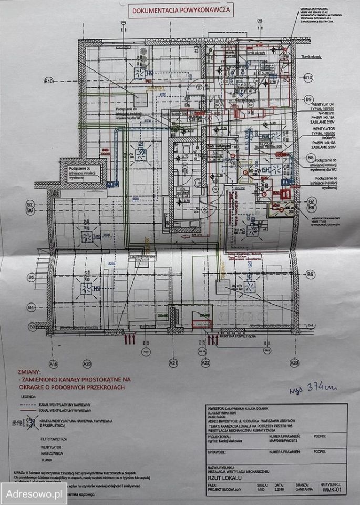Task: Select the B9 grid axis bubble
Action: pos(309,99)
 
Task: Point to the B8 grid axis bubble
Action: pos(311,158)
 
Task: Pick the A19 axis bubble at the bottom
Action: pos(53,363)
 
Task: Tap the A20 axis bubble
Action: pos(87,363)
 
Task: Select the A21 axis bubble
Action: pos(173,363)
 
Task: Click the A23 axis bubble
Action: pos(295,363)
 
